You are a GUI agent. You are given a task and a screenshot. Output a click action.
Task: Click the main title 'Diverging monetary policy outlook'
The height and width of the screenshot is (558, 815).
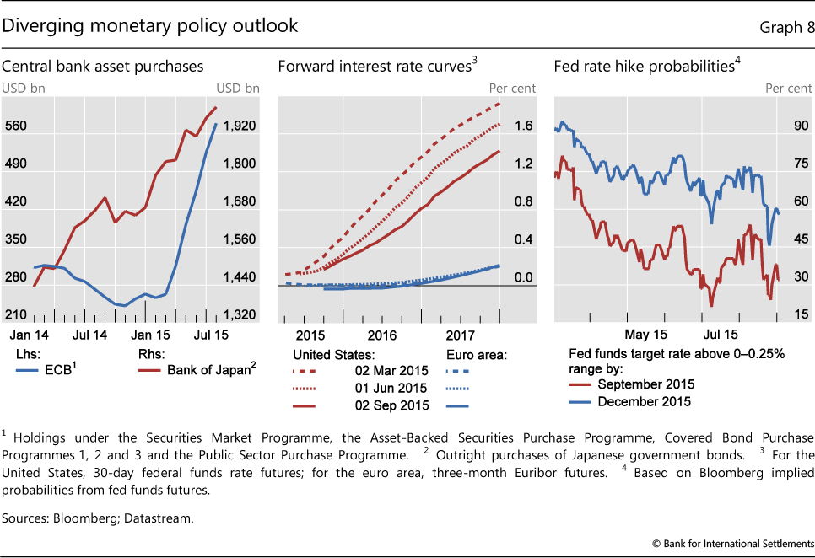[150, 25]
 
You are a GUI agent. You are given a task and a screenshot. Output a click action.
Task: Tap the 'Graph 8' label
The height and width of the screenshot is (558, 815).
[786, 27]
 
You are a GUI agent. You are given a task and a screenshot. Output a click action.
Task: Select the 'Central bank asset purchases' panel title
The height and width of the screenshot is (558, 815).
[103, 65]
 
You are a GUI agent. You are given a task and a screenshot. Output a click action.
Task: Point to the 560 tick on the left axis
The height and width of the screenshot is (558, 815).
[16, 126]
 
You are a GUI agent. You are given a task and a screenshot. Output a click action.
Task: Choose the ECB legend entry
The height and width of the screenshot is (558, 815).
[55, 368]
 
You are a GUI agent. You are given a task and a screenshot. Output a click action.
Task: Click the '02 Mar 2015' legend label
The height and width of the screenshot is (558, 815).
[393, 370]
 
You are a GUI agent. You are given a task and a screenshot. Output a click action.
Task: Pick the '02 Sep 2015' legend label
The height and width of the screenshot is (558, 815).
[393, 405]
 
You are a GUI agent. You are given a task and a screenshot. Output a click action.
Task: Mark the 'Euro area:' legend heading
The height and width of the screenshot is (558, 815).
[476, 354]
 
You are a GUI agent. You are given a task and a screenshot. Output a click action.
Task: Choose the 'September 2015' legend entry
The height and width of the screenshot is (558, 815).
[645, 384]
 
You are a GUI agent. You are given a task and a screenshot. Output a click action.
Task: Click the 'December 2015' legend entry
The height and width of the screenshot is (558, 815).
[644, 401]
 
